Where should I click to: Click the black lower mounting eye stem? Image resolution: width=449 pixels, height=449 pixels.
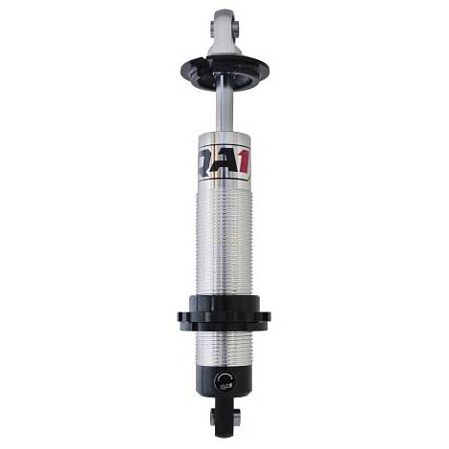click(x=224, y=416)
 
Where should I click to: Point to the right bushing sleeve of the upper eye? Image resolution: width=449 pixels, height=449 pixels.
click(x=236, y=29)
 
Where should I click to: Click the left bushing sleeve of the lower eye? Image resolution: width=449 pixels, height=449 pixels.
click(x=213, y=417)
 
